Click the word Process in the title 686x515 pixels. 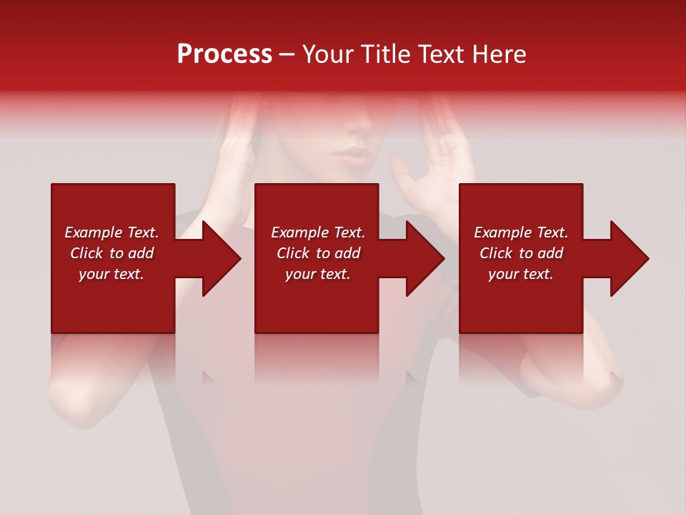click(x=224, y=54)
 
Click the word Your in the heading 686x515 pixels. click(x=328, y=54)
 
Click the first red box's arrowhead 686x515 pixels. click(x=218, y=258)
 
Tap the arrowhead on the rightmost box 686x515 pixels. click(x=626, y=258)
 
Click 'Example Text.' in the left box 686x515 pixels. click(x=112, y=232)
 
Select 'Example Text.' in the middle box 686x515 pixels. click(x=318, y=232)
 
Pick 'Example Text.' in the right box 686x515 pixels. click(x=521, y=232)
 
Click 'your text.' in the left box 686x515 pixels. click(x=111, y=274)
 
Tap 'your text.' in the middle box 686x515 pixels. click(x=318, y=274)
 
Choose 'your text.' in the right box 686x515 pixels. click(x=521, y=274)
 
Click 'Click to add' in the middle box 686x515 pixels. click(x=318, y=253)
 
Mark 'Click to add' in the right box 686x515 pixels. click(x=521, y=253)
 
